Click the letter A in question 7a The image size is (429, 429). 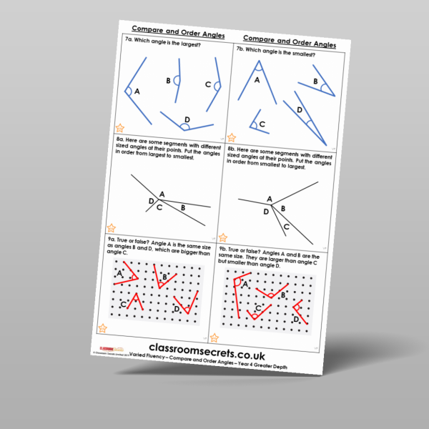point(137,92)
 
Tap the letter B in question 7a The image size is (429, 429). point(168,80)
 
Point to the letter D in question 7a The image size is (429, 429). point(187,119)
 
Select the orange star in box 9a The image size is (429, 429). point(103,328)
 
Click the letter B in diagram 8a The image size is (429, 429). point(182,207)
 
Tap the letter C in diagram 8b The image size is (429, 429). point(286,227)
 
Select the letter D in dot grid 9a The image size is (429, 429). point(177,309)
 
